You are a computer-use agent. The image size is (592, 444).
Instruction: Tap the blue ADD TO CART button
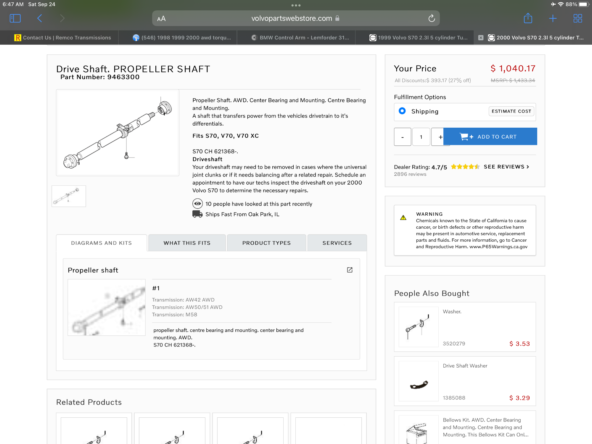tap(490, 137)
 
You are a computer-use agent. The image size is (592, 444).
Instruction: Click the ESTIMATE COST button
tap(511, 111)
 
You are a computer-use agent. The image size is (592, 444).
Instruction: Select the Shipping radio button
tap(402, 111)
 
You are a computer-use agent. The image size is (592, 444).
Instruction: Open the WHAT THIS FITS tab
tap(187, 243)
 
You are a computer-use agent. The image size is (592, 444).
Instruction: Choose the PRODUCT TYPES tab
tap(266, 243)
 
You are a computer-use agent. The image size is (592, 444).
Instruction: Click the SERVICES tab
tap(337, 243)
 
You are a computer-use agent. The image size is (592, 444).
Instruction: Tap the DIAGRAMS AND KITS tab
tap(102, 243)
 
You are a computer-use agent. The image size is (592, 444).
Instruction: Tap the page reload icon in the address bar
tap(432, 18)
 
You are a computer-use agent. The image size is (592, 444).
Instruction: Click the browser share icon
tap(528, 18)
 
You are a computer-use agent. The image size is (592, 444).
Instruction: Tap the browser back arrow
tap(40, 18)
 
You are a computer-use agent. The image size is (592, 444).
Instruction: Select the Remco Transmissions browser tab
tap(63, 38)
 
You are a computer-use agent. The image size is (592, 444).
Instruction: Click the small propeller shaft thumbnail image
tap(69, 196)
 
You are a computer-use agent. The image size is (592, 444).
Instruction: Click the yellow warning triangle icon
tap(403, 218)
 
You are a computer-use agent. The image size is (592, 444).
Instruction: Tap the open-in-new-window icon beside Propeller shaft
tap(350, 270)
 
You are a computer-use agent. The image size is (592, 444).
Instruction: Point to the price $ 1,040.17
tap(513, 68)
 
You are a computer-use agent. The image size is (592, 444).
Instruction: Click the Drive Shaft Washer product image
tap(419, 381)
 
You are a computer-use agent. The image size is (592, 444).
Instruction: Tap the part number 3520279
tap(454, 344)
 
